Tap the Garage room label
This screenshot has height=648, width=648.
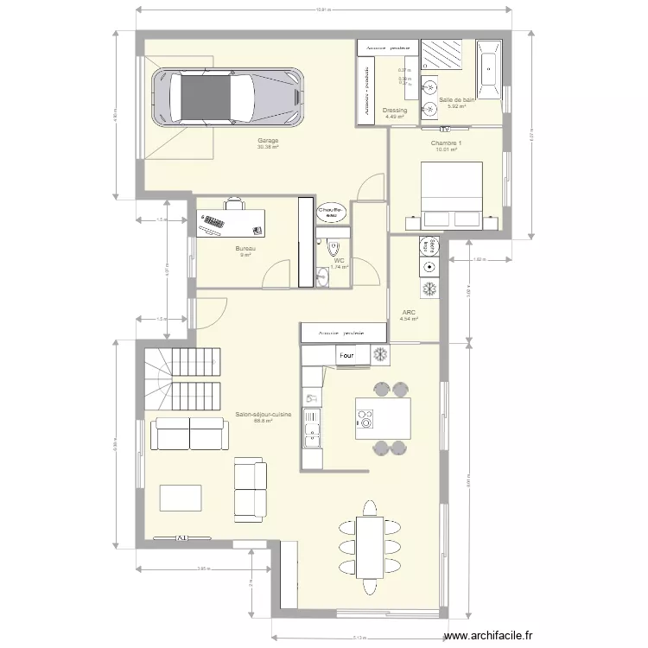click(x=268, y=141)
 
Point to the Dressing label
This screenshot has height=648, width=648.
click(x=395, y=111)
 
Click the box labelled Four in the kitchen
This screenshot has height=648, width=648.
click(x=346, y=355)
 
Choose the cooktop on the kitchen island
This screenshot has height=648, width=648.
click(x=365, y=419)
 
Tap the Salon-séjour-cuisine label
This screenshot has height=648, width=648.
click(x=264, y=415)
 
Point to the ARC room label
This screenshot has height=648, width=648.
click(x=409, y=313)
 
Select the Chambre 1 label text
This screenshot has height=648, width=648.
click(x=446, y=143)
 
